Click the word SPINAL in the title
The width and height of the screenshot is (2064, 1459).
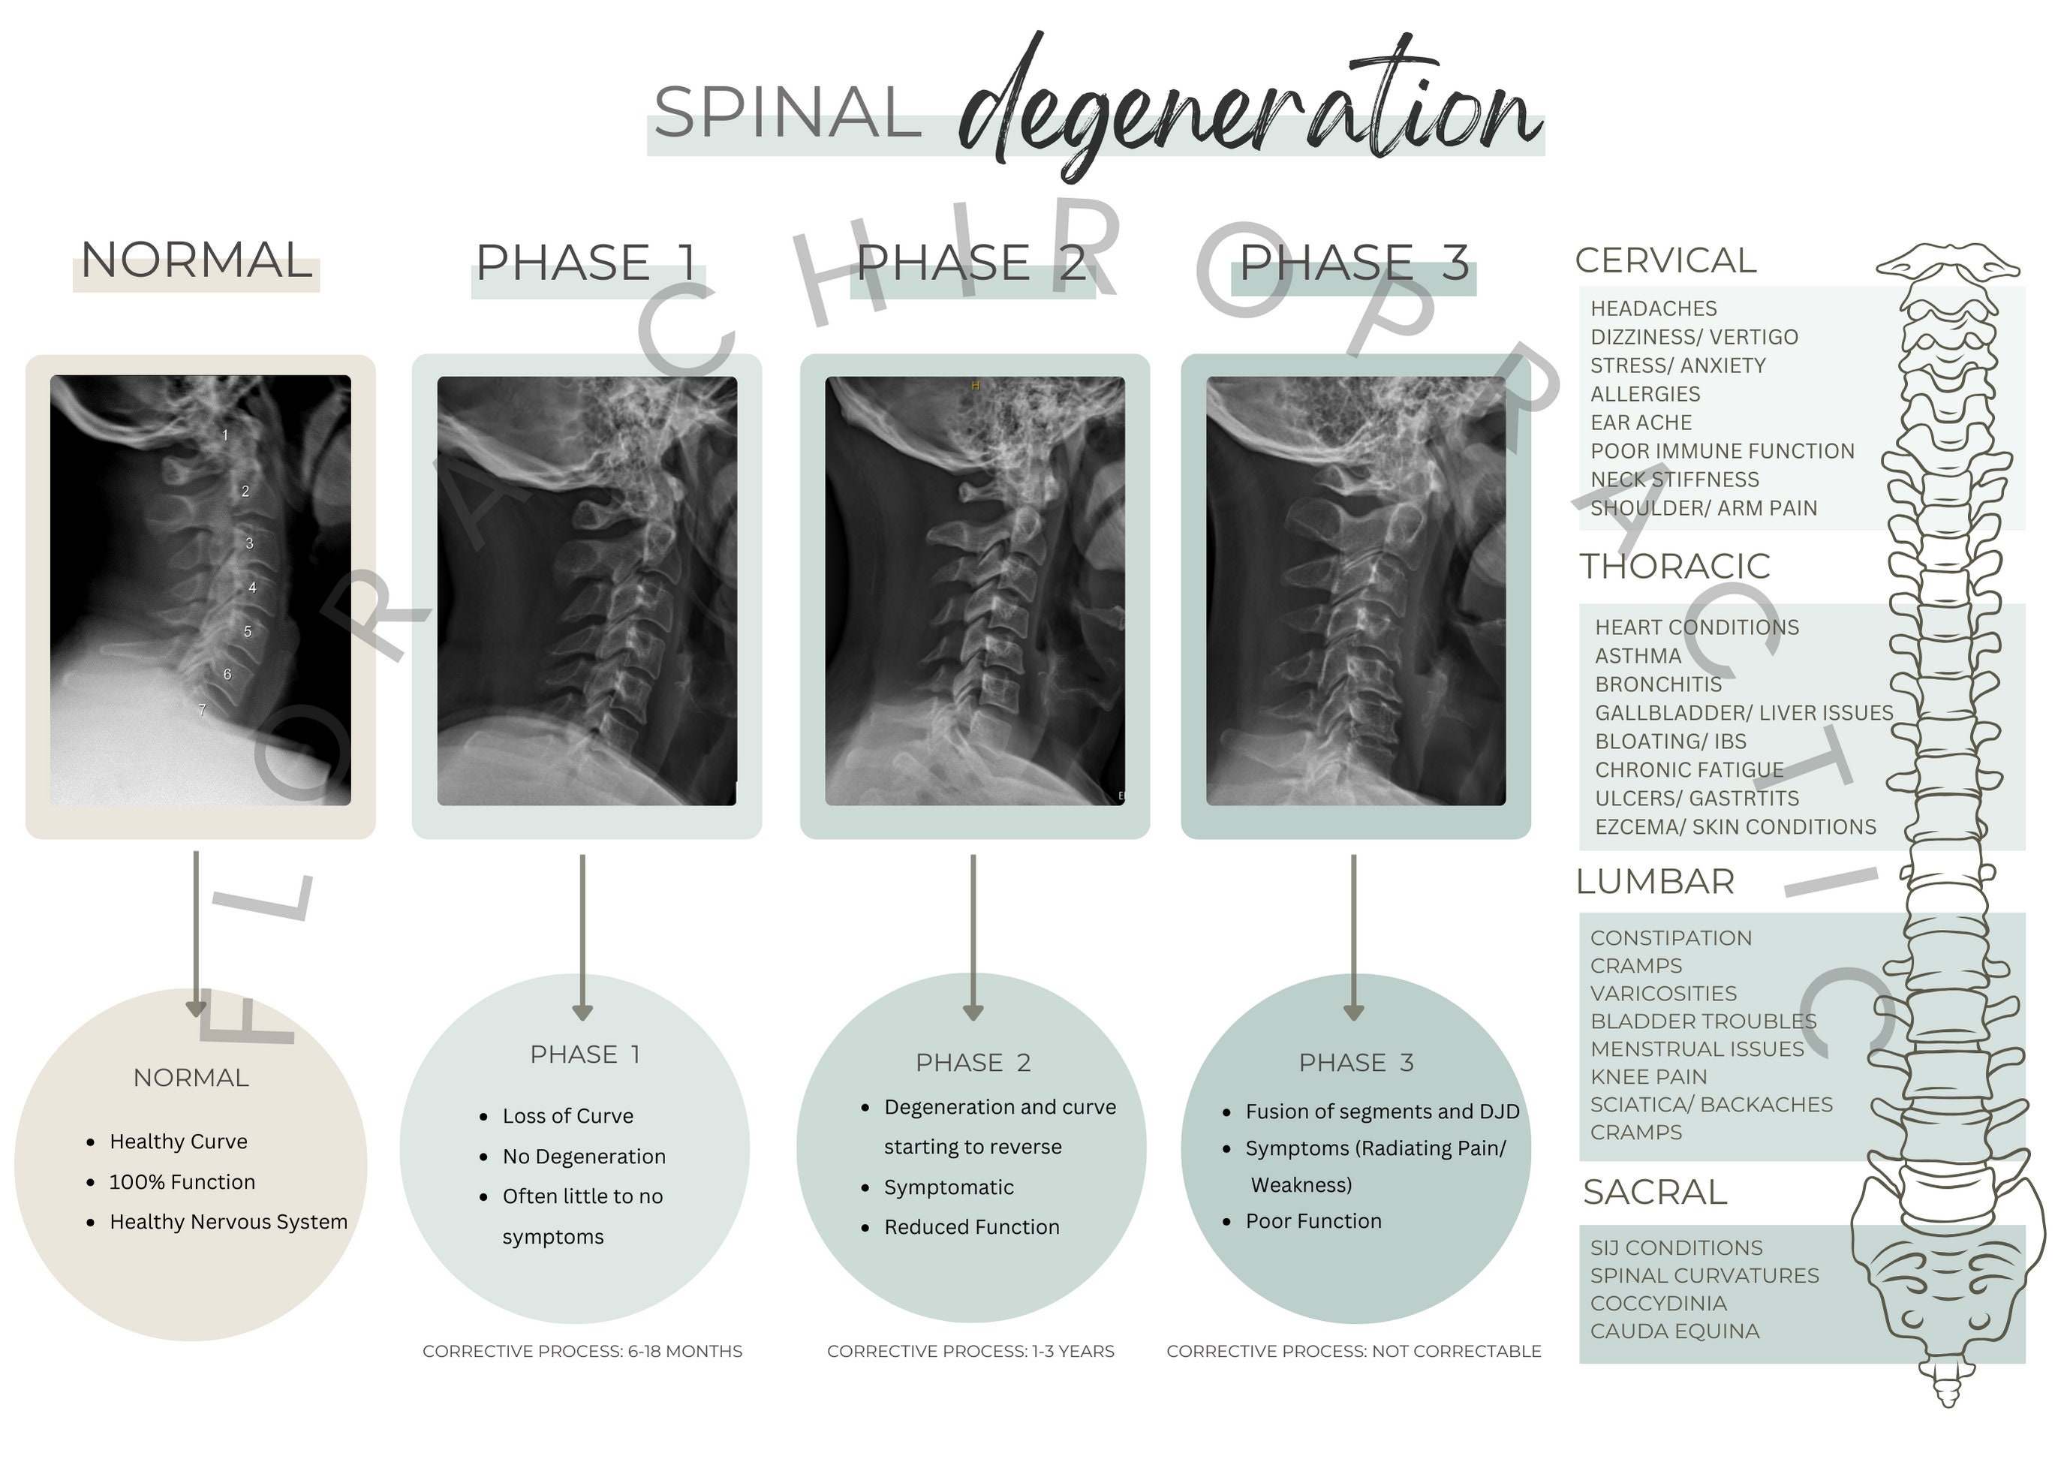(x=787, y=113)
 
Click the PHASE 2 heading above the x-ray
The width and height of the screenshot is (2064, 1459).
(x=971, y=263)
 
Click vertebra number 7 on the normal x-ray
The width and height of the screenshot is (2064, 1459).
(x=202, y=710)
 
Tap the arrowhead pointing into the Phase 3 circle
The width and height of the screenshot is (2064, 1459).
(x=1353, y=1013)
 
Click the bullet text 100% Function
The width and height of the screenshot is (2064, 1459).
(x=182, y=1181)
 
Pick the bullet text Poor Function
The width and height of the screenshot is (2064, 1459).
(x=1313, y=1221)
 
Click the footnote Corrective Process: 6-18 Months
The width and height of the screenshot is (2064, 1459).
(x=582, y=1351)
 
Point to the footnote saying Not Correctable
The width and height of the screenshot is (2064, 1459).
(x=1354, y=1351)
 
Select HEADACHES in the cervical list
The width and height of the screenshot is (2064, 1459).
(x=1653, y=308)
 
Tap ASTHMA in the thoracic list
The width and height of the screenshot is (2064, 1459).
(x=1638, y=655)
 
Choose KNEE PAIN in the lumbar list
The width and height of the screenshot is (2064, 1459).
(x=1649, y=1076)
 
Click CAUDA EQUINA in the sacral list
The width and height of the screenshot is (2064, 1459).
(x=1674, y=1331)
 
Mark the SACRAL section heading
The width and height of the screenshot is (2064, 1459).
(x=1655, y=1192)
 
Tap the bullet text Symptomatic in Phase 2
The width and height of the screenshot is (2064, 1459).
(x=949, y=1187)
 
